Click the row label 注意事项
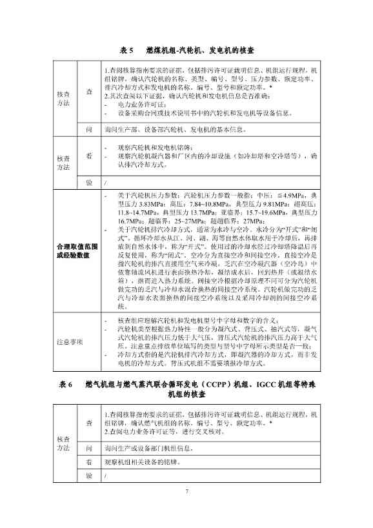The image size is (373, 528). [72, 341]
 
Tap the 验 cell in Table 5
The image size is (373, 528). [89, 182]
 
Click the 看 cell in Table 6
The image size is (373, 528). [89, 462]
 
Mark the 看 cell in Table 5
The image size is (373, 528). [89, 155]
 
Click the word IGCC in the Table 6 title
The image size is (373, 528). [253, 384]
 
